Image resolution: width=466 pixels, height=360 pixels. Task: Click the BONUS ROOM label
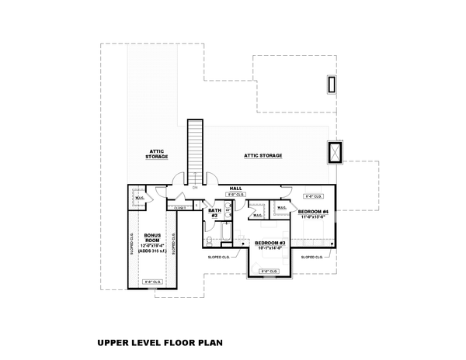tap(151, 236)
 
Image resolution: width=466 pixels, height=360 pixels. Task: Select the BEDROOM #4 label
tap(313, 211)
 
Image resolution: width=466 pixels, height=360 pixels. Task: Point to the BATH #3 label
tap(214, 212)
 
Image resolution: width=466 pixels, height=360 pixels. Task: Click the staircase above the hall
tap(194, 151)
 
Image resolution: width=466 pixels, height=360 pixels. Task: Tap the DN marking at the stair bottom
tap(195, 188)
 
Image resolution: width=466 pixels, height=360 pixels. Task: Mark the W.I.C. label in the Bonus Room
tap(139, 197)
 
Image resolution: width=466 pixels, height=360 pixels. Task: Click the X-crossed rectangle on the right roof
tap(336, 153)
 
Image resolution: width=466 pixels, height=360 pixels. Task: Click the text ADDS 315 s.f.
tap(151, 251)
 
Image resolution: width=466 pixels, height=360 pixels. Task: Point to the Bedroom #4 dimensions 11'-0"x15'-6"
tap(314, 217)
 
